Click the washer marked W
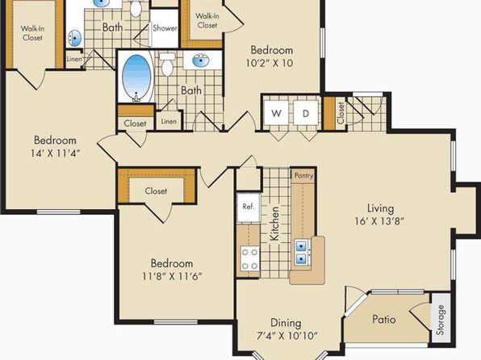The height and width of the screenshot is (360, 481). tap(276, 113)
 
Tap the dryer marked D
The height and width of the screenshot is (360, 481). tap(306, 113)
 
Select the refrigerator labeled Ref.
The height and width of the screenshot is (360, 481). tap(249, 207)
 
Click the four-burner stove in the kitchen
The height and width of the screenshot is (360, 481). tap(249, 258)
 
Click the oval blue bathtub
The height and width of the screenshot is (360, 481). tap(137, 77)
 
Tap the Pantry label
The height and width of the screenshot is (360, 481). tap(303, 175)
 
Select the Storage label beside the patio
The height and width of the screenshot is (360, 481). tap(440, 320)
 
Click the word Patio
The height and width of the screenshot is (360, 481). tap(384, 319)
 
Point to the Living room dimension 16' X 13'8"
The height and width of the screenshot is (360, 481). tap(379, 221)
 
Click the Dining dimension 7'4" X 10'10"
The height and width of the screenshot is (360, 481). tap(287, 336)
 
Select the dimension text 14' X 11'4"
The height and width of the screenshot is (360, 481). tap(55, 153)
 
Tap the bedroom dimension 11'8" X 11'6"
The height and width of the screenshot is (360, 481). tap(172, 276)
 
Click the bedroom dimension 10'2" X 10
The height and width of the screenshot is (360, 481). tap(270, 63)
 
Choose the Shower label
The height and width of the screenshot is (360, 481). tap(165, 28)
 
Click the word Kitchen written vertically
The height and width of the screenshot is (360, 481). tap(274, 224)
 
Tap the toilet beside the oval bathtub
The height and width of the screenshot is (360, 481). tap(167, 65)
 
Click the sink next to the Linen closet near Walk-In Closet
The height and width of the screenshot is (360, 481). tap(74, 38)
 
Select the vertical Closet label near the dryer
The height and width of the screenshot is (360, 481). tap(341, 113)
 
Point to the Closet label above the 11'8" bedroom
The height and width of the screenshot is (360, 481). tap(156, 190)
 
